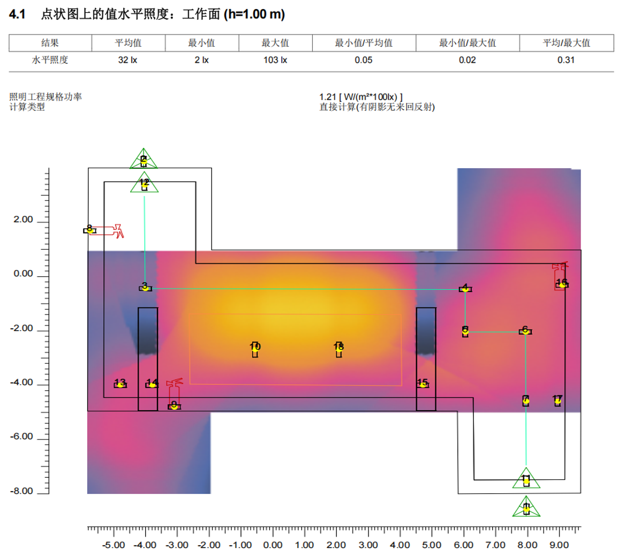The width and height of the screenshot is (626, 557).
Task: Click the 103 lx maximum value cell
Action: (x=275, y=60)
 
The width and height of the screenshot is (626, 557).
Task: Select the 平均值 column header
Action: (x=128, y=43)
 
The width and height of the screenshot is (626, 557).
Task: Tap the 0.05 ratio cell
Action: (x=363, y=60)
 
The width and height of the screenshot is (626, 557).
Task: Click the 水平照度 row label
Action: (x=50, y=60)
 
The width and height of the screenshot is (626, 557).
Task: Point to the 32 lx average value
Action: (x=127, y=60)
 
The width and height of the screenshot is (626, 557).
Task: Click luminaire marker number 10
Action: (x=255, y=349)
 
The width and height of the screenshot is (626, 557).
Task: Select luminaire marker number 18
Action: (x=338, y=349)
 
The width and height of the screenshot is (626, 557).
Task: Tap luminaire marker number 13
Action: (x=120, y=384)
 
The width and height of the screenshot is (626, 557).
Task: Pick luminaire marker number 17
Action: (x=557, y=400)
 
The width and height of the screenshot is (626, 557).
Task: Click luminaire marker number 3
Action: (x=145, y=288)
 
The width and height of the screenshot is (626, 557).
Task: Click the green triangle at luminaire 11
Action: (x=526, y=479)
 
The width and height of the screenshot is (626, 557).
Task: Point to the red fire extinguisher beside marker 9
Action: (x=174, y=389)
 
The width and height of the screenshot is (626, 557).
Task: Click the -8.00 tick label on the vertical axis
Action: (x=21, y=491)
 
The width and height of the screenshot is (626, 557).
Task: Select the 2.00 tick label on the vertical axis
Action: (x=24, y=220)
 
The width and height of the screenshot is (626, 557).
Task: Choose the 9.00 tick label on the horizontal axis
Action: (x=559, y=545)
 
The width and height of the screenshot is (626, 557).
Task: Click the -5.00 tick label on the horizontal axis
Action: (x=114, y=545)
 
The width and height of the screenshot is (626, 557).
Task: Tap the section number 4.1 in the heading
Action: (x=17, y=14)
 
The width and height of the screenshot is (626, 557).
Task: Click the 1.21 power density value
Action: (x=327, y=97)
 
